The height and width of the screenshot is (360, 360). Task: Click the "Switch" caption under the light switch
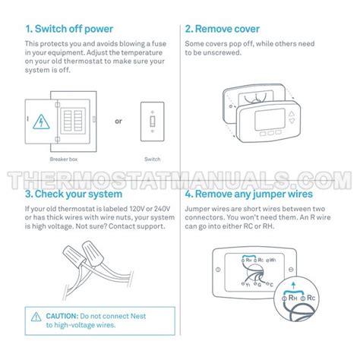153,159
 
